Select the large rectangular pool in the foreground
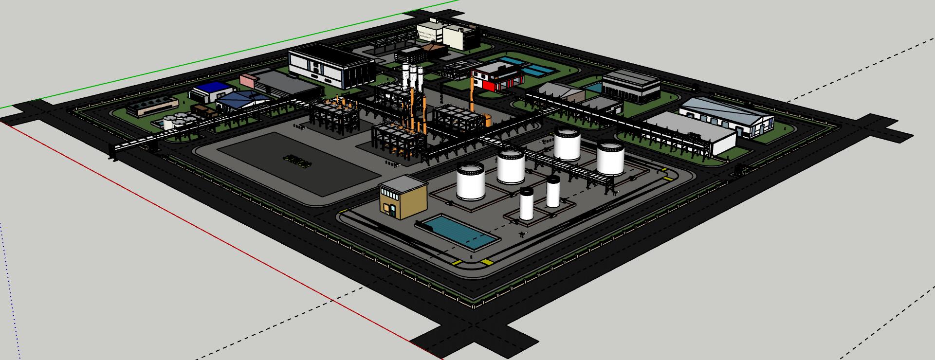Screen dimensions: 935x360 pos(460,233)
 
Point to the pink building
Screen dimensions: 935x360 pos(247,81)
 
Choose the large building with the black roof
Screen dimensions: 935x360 pos(331,66)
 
